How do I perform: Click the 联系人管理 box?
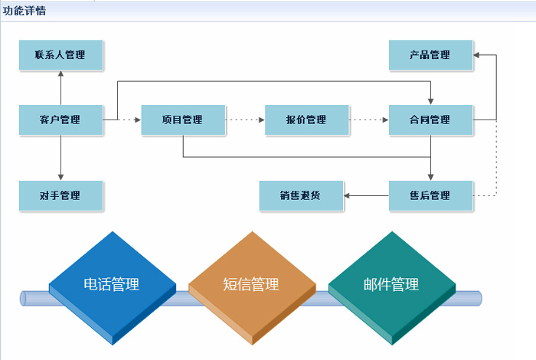point(60,55)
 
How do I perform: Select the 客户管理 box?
point(60,119)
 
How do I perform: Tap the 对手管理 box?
point(60,195)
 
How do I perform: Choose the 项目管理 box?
point(182,119)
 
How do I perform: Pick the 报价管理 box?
point(306,119)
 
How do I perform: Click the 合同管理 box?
point(430,119)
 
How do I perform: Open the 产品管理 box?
point(430,55)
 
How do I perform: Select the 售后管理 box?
point(430,195)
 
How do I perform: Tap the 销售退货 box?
point(301,195)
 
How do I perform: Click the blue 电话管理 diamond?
point(112,285)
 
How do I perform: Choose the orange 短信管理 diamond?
point(251,285)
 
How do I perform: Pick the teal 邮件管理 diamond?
point(391,285)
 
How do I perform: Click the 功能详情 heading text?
point(25,11)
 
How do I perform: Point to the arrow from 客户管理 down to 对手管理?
point(60,157)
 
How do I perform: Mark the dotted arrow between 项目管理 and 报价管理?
point(245,119)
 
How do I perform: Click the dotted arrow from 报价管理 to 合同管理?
point(368,119)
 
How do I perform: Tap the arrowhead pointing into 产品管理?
point(477,55)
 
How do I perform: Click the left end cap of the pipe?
point(24,298)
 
